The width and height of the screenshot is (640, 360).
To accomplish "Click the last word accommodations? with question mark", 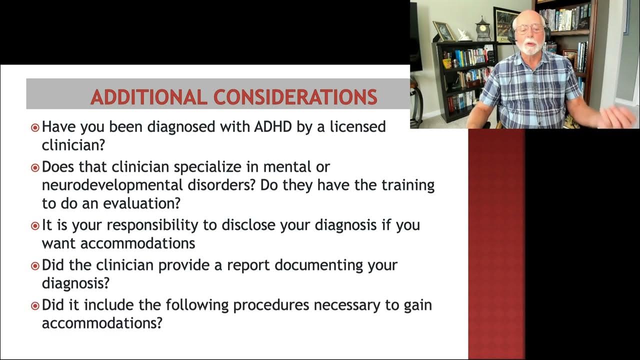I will click(102, 323).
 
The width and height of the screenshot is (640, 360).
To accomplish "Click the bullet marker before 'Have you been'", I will click(35, 127).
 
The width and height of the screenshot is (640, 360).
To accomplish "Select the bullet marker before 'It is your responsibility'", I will click(35, 225).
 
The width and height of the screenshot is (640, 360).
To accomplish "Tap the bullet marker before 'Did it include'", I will click(35, 305).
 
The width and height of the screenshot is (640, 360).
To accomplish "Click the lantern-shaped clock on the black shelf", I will click(482, 30).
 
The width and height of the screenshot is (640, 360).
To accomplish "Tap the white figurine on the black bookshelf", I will click(464, 35).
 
